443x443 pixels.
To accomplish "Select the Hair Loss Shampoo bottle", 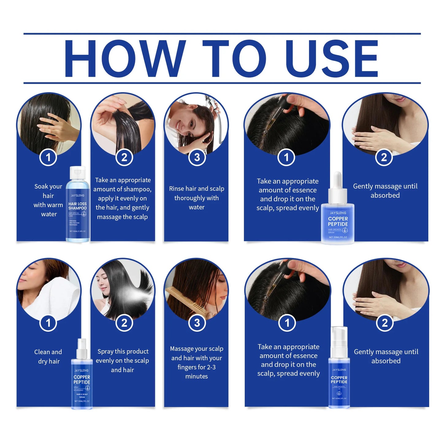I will click(78, 208).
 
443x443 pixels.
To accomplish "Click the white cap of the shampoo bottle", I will click(78, 172).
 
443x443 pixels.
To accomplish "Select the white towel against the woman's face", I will click(58, 297).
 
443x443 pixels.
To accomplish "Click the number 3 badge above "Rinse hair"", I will click(197, 157).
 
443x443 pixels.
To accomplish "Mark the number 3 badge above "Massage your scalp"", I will click(197, 323).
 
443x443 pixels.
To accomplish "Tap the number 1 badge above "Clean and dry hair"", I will click(48, 323).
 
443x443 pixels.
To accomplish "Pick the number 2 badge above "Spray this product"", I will click(124, 323).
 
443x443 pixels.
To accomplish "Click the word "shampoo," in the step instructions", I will click(138, 189).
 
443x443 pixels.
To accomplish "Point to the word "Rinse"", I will click(177, 189).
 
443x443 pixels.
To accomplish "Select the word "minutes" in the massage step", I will click(197, 376).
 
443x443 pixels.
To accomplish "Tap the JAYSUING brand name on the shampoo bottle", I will click(78, 195).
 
